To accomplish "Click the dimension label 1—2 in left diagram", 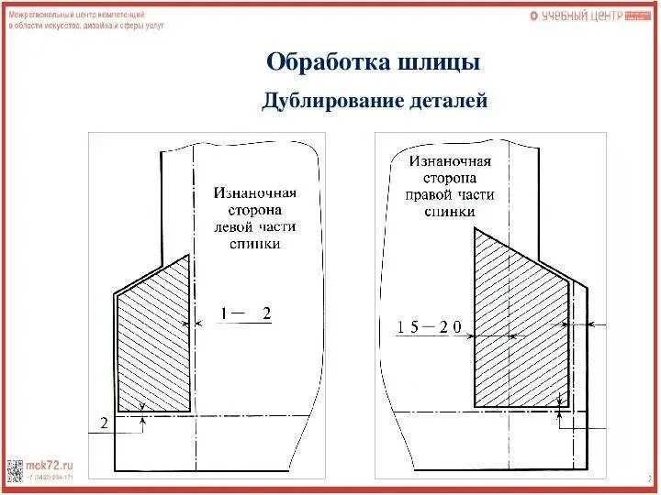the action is (244, 313).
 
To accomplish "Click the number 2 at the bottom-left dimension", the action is (104, 423).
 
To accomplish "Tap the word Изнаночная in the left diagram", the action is (255, 193).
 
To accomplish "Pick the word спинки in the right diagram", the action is (449, 211).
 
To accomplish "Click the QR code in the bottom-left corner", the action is (15, 469).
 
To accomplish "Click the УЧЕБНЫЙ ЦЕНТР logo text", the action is (581, 16).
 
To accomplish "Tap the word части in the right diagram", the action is (476, 194).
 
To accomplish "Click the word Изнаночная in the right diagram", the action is (450, 160).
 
